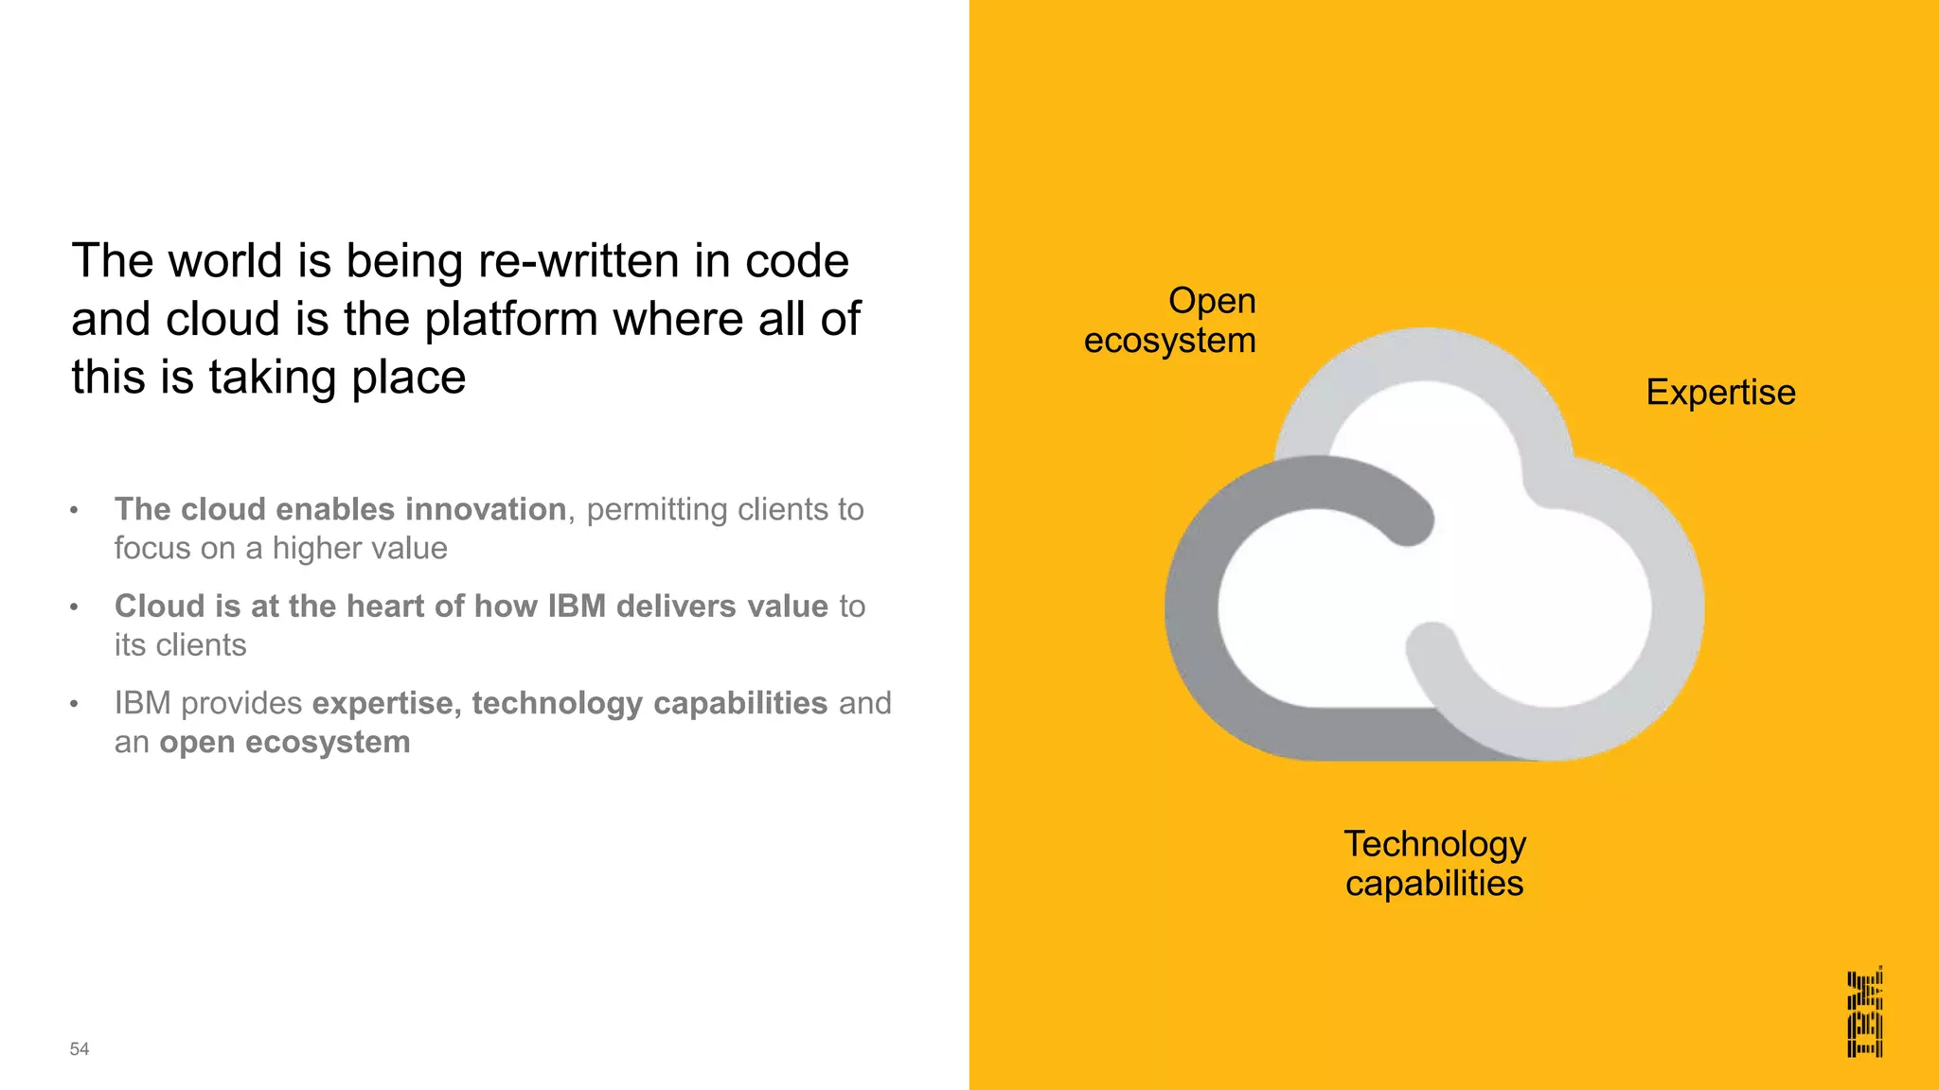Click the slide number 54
click(80, 1048)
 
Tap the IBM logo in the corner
click(1864, 1011)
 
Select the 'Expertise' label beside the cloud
click(1720, 392)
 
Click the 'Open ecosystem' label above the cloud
click(1170, 320)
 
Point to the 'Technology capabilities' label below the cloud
click(1434, 863)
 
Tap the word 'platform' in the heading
click(510, 319)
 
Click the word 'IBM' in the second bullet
click(577, 606)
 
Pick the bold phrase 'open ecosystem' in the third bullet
click(285, 742)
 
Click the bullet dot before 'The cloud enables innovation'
click(74, 511)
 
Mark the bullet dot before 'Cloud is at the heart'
click(74, 607)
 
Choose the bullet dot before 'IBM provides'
click(74, 705)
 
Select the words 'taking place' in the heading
click(337, 377)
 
